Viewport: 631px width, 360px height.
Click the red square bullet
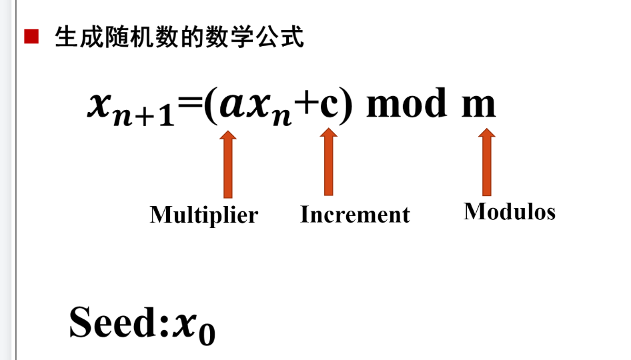tap(31, 37)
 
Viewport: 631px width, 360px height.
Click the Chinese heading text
tap(179, 37)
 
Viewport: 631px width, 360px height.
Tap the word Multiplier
tap(203, 215)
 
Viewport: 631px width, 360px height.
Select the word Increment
tap(355, 215)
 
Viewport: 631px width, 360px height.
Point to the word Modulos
tap(510, 211)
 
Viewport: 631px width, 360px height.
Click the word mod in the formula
tap(406, 105)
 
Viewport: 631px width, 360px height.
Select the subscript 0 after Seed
tap(207, 333)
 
